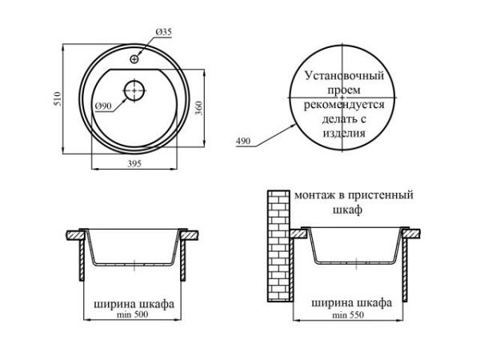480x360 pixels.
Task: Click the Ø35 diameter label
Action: coord(163,31)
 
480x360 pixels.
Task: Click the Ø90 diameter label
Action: coord(102,106)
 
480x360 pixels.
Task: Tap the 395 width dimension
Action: coord(136,164)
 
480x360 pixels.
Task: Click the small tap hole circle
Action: coord(135,58)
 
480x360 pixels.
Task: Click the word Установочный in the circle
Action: coord(345,75)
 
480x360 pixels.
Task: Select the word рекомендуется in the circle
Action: coord(345,105)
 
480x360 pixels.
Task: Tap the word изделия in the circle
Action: coord(345,134)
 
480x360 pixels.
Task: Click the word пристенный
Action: coord(380,194)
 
